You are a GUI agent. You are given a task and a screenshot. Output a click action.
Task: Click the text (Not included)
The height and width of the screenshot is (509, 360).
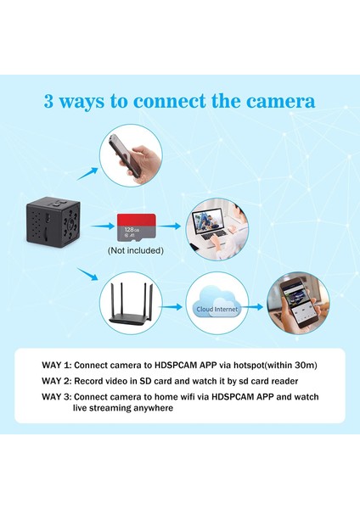(136, 251)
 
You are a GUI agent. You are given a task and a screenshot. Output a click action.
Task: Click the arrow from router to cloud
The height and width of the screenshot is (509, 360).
(174, 308)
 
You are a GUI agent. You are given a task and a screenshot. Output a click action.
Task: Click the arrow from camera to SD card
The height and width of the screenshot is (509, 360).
(102, 227)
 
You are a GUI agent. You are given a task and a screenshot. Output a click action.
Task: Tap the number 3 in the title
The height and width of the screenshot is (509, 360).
(50, 102)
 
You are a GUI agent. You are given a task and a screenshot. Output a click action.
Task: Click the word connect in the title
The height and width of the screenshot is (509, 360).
(161, 102)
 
